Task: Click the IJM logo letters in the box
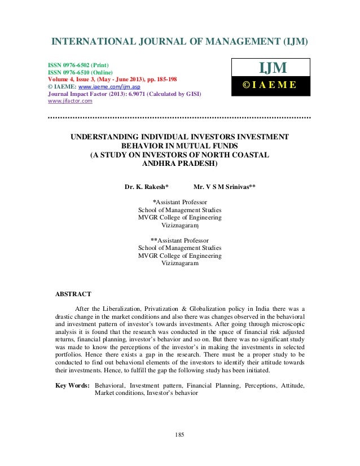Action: [273, 69]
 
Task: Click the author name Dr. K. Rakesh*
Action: [146, 185]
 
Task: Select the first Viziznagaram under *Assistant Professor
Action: [180, 225]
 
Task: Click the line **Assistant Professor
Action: [179, 239]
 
